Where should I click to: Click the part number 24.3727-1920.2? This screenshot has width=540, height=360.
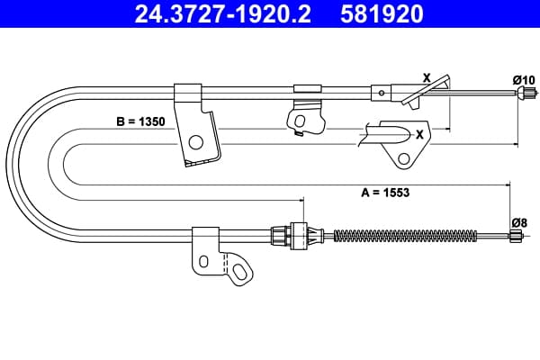[223, 13]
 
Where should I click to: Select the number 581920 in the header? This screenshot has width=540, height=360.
[382, 13]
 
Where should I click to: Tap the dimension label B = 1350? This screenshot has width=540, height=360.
[140, 121]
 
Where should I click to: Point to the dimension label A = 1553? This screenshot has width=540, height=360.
[385, 193]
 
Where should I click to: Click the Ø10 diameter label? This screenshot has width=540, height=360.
[524, 80]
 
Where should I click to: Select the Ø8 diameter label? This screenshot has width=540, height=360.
[519, 223]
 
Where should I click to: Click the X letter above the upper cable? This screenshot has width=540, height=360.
[427, 78]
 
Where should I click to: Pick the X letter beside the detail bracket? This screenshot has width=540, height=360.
[419, 134]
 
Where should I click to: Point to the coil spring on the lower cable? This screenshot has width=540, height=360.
[406, 235]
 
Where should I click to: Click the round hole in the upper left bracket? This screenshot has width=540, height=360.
[196, 142]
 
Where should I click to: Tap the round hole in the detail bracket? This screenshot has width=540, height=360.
[403, 158]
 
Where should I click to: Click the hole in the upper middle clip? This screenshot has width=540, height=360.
[300, 121]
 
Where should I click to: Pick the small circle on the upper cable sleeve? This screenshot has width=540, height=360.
[382, 93]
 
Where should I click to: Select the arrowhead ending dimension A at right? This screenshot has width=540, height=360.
[507, 185]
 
